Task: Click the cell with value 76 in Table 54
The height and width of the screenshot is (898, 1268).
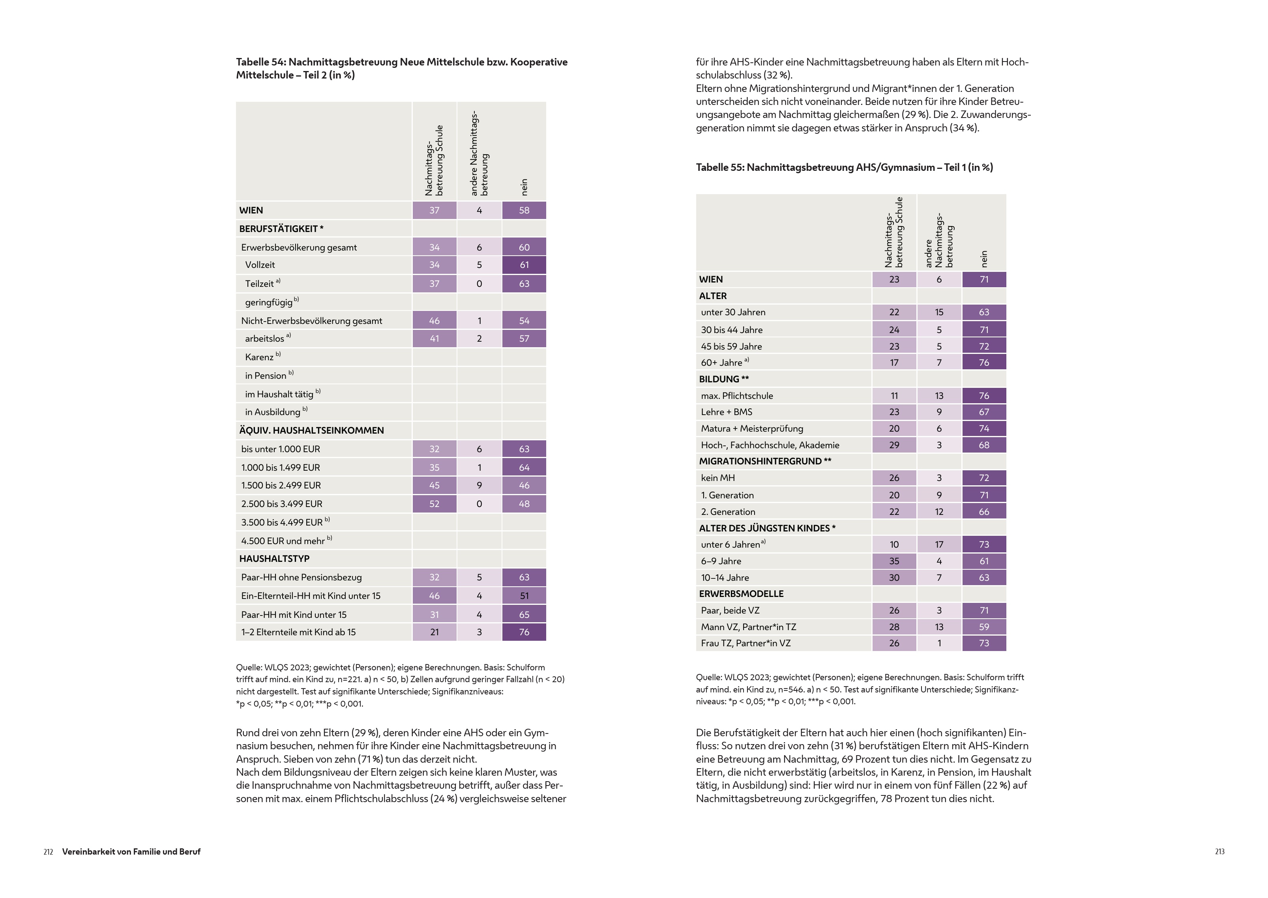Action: pos(524,632)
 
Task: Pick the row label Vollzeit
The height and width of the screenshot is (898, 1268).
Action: pos(260,265)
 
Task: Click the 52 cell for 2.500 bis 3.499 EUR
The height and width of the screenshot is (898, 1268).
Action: pos(434,504)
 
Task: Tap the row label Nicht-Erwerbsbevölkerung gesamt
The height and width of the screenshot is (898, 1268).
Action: pos(311,321)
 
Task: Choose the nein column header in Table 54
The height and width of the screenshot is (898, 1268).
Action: pos(524,187)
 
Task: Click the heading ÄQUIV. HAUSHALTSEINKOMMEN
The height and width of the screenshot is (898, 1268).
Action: pos(311,430)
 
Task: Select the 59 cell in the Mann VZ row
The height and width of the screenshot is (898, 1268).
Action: pos(984,627)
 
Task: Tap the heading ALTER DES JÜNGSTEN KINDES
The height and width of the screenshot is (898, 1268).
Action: pos(767,528)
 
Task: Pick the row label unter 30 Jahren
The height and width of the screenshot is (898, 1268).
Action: pos(733,312)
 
